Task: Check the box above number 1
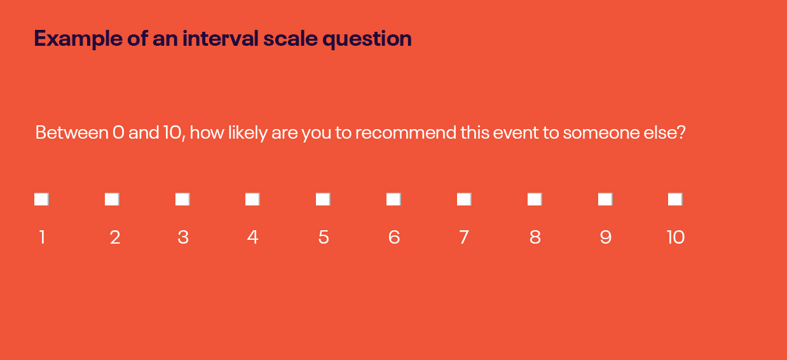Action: pos(41,199)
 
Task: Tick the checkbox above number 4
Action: pos(252,199)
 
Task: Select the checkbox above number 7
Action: pos(464,199)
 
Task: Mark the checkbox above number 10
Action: pos(675,199)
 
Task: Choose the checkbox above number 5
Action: pos(323,199)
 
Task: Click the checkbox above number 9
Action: pos(605,199)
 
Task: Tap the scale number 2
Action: pos(115,237)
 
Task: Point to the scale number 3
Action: pos(183,237)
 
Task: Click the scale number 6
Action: pos(394,237)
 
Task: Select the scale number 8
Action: pos(535,237)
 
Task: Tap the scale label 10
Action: pos(676,237)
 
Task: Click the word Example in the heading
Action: pos(78,39)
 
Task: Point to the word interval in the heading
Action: pos(221,38)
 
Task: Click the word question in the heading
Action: pos(367,39)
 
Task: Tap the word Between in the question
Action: pos(72,132)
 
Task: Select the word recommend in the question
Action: pos(406,132)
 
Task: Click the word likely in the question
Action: pos(248,133)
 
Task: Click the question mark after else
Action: pos(681,132)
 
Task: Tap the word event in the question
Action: pos(516,133)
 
